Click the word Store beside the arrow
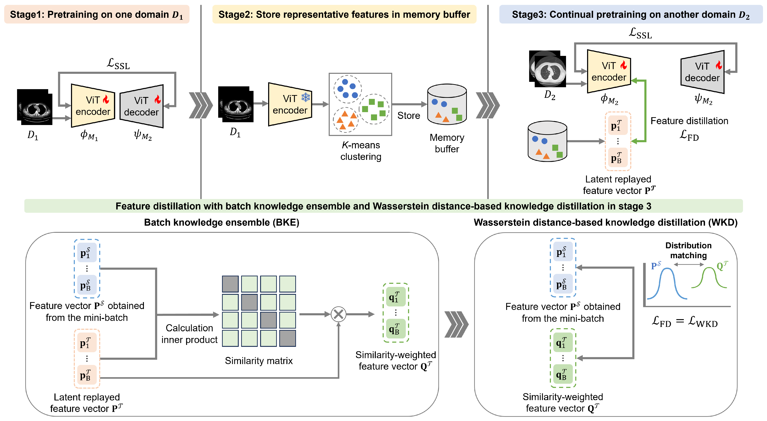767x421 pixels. [409, 116]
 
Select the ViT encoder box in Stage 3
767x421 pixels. [609, 72]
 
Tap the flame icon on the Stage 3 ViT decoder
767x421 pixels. [719, 65]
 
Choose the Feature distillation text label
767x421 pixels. [689, 121]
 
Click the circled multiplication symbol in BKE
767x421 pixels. [339, 314]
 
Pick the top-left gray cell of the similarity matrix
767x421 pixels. [230, 284]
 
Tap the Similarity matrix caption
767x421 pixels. [259, 361]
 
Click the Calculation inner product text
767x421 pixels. [189, 334]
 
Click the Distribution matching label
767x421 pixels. [688, 250]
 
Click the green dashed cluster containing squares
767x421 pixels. [374, 109]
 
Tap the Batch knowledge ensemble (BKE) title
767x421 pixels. [222, 223]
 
